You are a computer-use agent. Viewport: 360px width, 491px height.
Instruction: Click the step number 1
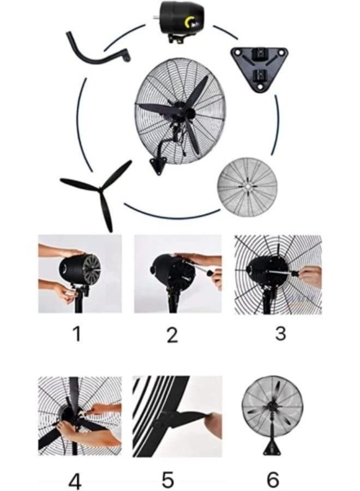point(77,334)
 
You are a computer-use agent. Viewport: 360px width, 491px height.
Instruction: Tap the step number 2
point(172,335)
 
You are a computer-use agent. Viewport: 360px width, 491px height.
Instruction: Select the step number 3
point(280,333)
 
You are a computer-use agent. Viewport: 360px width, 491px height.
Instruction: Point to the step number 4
point(75,481)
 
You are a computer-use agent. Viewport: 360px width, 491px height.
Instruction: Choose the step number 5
point(168,480)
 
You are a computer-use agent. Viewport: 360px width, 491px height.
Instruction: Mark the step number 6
point(273,480)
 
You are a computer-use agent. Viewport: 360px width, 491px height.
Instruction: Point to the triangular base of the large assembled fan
point(159,165)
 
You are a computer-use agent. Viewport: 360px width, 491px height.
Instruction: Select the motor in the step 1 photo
point(80,270)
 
